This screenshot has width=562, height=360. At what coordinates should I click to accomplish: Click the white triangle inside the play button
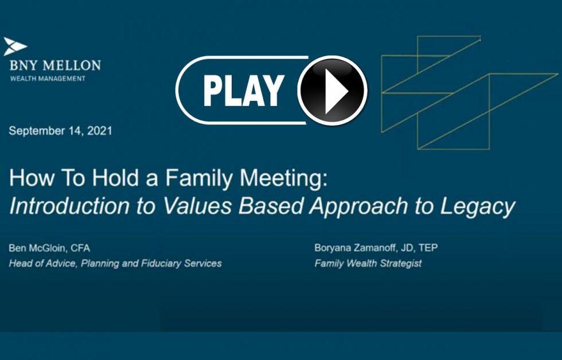(335, 91)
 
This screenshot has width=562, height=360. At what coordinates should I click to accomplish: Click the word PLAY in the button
(244, 91)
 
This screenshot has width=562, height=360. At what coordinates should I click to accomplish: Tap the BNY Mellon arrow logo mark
(15, 46)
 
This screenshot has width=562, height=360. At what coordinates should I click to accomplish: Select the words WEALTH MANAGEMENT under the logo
(48, 79)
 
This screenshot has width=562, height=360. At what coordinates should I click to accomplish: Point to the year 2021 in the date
(100, 131)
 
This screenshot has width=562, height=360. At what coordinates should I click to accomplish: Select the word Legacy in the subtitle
(477, 207)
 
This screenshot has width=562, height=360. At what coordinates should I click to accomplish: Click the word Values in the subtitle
(197, 206)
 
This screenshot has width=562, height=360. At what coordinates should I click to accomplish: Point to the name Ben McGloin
(37, 248)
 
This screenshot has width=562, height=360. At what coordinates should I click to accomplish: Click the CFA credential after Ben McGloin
(80, 248)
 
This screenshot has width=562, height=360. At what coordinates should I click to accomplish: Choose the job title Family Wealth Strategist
(368, 263)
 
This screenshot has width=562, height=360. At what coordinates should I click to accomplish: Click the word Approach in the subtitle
(359, 207)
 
